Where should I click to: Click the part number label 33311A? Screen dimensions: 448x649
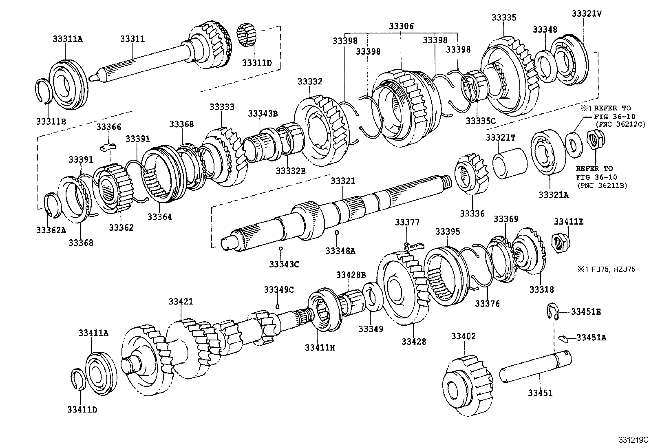pyautogui.click(x=67, y=39)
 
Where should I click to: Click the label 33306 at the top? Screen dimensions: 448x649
pyautogui.click(x=401, y=26)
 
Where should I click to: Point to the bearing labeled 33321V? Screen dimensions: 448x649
pyautogui.click(x=570, y=58)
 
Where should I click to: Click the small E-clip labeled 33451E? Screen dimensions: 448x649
pyautogui.click(x=551, y=311)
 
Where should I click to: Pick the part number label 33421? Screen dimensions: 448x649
pyautogui.click(x=181, y=302)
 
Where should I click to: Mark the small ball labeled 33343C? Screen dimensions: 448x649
pyautogui.click(x=280, y=248)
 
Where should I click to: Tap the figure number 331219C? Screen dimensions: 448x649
pyautogui.click(x=631, y=440)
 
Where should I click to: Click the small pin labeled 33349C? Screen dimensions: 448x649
pyautogui.click(x=278, y=305)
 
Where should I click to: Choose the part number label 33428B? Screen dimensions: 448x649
pyautogui.click(x=351, y=275)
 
